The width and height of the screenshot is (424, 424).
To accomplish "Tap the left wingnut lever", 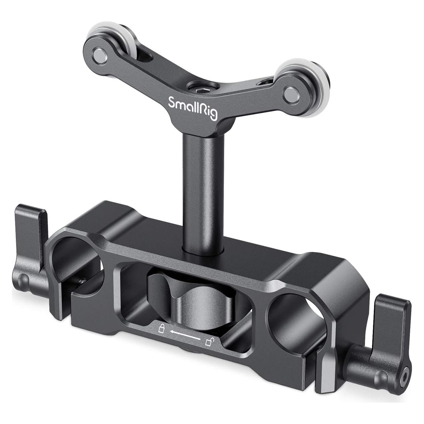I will pos(33,240).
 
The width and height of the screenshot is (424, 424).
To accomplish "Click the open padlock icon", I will pos(209,343).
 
